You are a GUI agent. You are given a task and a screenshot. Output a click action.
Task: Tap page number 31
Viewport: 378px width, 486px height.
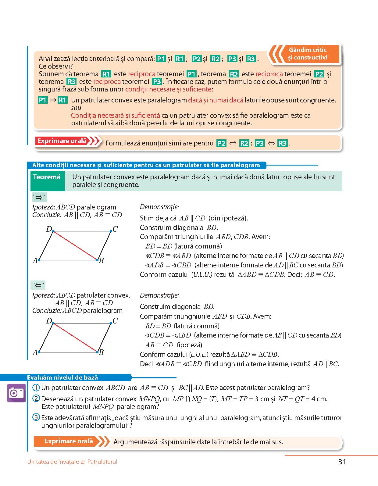click(x=342, y=462)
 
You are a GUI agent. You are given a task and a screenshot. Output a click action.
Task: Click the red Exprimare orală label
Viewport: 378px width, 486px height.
click(x=62, y=141)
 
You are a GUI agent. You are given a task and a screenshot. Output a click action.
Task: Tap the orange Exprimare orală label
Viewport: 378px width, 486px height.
click(x=68, y=441)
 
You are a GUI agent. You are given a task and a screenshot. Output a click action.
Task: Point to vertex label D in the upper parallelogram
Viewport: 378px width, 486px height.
click(x=49, y=229)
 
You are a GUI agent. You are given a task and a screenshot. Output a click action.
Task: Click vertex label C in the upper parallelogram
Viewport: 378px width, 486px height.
click(x=115, y=229)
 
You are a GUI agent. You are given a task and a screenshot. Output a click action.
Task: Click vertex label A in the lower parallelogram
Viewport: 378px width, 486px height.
click(x=35, y=352)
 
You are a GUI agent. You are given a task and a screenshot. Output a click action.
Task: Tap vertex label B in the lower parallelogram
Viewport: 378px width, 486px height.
click(x=102, y=352)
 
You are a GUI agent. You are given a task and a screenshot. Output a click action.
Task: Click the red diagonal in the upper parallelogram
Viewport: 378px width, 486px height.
click(x=75, y=245)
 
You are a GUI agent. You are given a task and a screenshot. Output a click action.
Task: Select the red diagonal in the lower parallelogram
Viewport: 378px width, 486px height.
click(x=75, y=338)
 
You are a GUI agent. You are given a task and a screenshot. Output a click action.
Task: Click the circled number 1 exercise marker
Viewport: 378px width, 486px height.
click(x=36, y=388)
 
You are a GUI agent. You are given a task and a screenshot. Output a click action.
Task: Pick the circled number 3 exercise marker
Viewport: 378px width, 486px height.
click(x=36, y=418)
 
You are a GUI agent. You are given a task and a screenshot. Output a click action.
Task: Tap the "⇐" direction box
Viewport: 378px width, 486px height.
click(x=39, y=285)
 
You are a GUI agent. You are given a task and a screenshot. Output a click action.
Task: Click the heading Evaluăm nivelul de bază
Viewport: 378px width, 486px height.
click(x=62, y=377)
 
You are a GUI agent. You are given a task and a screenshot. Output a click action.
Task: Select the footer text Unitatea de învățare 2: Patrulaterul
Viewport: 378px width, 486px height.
click(x=72, y=462)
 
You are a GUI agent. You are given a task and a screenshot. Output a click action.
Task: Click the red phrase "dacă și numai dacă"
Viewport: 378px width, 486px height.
click(x=216, y=100)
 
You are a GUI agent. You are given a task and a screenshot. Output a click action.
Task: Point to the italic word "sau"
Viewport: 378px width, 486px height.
click(x=76, y=108)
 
